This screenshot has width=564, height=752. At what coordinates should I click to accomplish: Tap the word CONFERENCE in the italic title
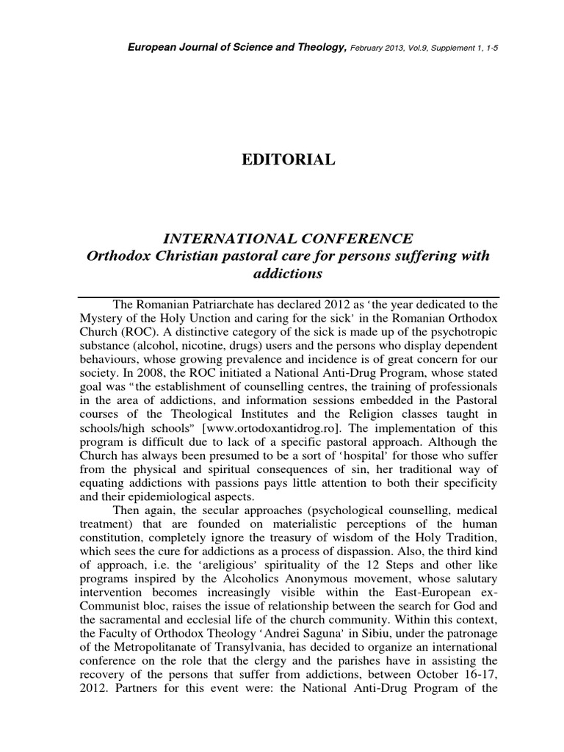click(351, 239)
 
